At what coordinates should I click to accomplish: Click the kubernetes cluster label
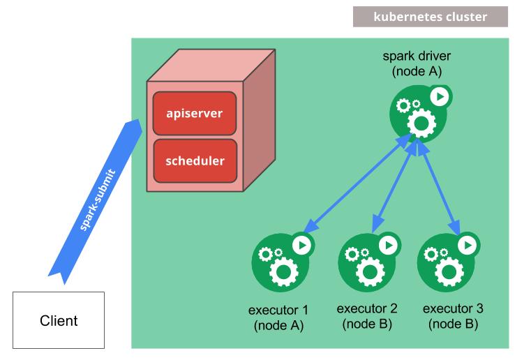tap(430, 17)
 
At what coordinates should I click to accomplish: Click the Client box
tap(59, 320)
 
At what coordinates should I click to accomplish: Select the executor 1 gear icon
tap(280, 262)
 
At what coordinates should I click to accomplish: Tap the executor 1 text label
tap(278, 317)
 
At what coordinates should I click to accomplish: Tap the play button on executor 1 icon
tap(301, 245)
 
